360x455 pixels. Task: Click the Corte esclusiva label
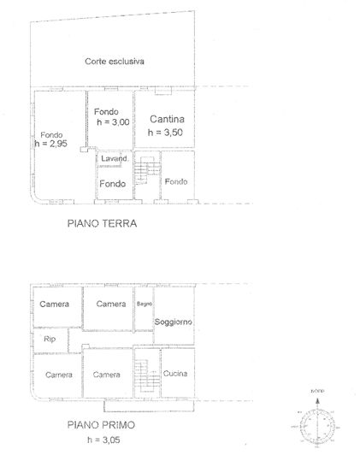pyautogui.click(x=114, y=62)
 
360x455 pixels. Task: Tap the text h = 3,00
pyautogui.click(x=110, y=122)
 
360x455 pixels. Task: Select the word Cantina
pyautogui.click(x=166, y=119)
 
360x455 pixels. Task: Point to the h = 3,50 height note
pyautogui.click(x=164, y=133)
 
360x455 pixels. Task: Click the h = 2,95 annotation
pyautogui.click(x=52, y=144)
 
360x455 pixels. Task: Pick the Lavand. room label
pyautogui.click(x=114, y=159)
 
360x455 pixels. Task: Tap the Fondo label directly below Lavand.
pyautogui.click(x=113, y=184)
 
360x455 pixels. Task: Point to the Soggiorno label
pyautogui.click(x=173, y=322)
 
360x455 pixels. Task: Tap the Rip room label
pyautogui.click(x=49, y=340)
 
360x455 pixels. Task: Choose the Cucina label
pyautogui.click(x=174, y=375)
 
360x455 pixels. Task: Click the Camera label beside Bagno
pyautogui.click(x=110, y=304)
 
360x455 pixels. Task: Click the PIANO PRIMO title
pyautogui.click(x=102, y=423)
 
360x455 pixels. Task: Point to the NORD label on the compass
pyautogui.click(x=316, y=391)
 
